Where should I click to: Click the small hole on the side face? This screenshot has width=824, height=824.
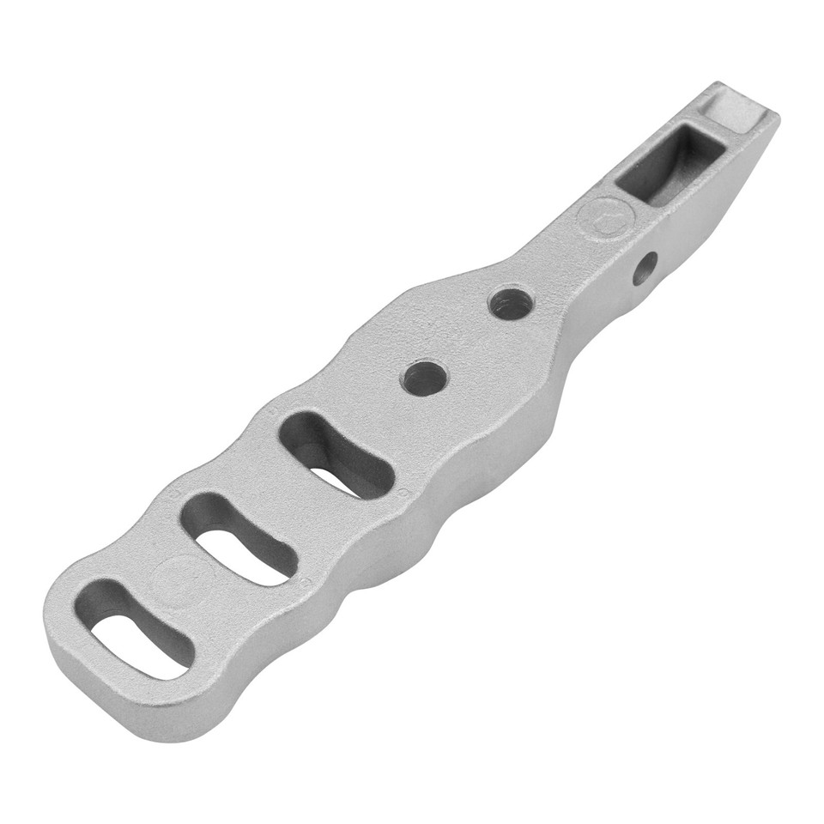pos(645,268)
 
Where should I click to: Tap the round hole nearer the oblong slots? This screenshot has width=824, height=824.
pos(425,377)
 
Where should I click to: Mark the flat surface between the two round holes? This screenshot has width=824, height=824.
pos(468,341)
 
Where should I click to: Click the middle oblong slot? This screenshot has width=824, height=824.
pos(240,537)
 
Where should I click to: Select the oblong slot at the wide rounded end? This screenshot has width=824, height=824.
pos(137,627)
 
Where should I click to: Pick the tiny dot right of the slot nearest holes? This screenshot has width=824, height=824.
pos(401,491)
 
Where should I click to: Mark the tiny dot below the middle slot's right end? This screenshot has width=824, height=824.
pos(305,579)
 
